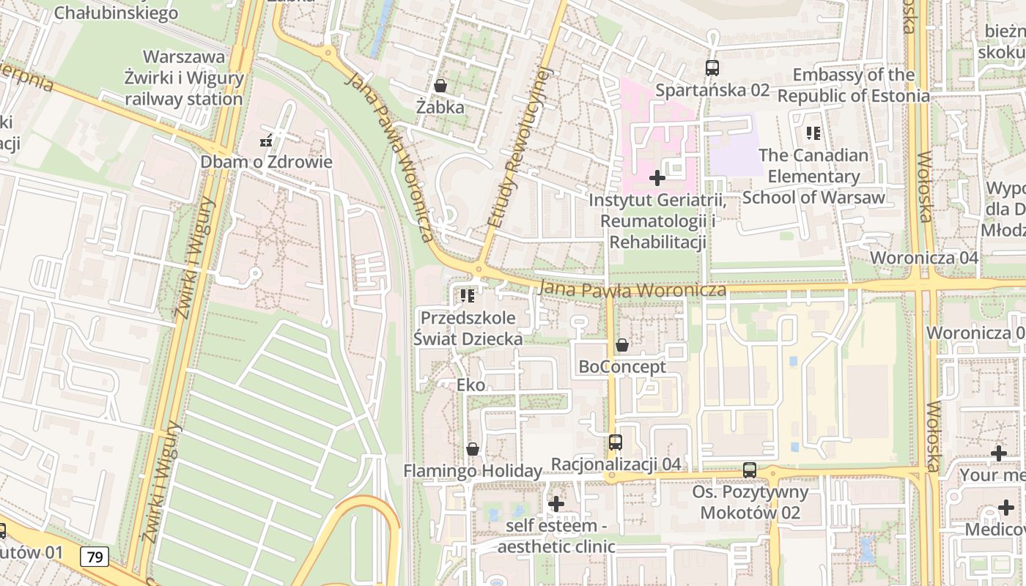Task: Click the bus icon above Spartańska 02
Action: pyautogui.click(x=712, y=68)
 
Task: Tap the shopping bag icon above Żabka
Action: pyautogui.click(x=440, y=86)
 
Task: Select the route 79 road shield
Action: pyautogui.click(x=95, y=557)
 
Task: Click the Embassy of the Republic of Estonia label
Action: pyautogui.click(x=854, y=85)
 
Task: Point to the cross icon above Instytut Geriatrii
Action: pyautogui.click(x=657, y=177)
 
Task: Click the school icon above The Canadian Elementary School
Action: pyautogui.click(x=813, y=133)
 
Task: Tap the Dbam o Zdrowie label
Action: pyautogui.click(x=267, y=162)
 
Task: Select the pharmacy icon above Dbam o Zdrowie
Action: pyautogui.click(x=267, y=141)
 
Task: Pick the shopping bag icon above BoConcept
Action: pyautogui.click(x=622, y=345)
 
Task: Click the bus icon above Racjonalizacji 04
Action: pyautogui.click(x=616, y=442)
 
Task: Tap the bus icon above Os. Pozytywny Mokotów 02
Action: pyautogui.click(x=750, y=470)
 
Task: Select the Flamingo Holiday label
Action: pyautogui.click(x=473, y=471)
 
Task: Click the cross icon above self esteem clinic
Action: pyautogui.click(x=556, y=504)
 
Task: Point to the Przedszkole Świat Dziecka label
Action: pyautogui.click(x=468, y=328)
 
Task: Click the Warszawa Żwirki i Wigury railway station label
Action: pyautogui.click(x=184, y=78)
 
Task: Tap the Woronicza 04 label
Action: pyautogui.click(x=924, y=258)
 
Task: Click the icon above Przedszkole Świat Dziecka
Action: pyautogui.click(x=468, y=296)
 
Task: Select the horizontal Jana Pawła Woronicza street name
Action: pyautogui.click(x=632, y=290)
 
